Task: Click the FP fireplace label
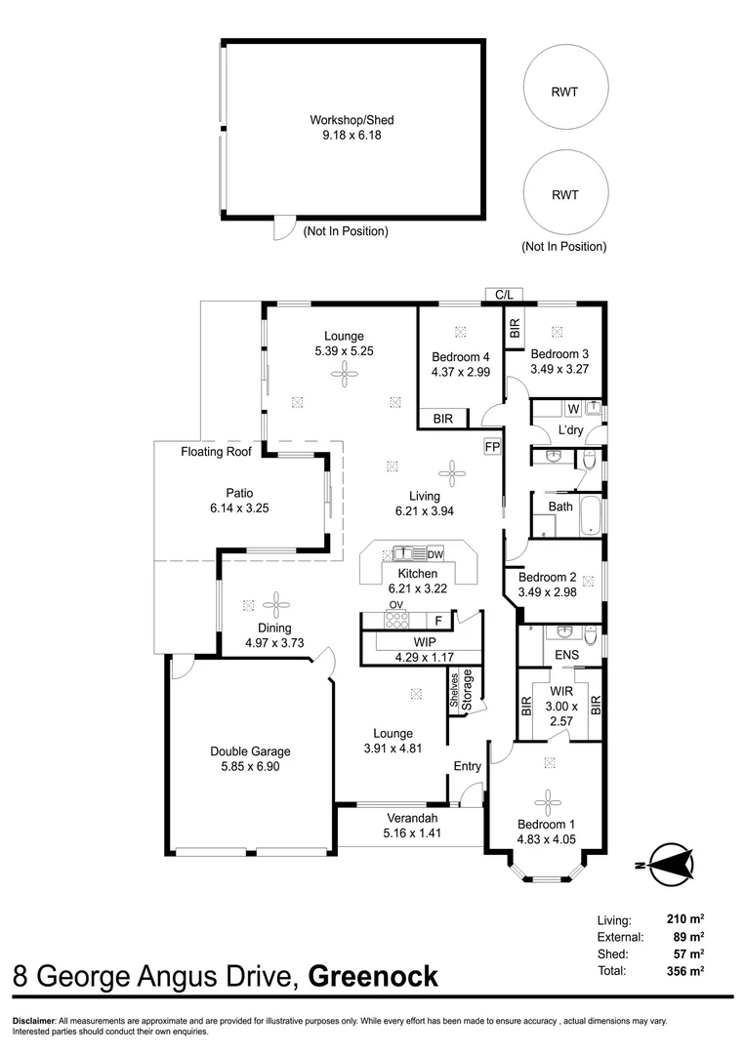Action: point(491,446)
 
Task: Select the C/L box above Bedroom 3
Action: point(504,294)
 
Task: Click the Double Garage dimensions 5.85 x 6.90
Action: point(250,767)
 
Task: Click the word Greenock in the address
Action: point(373,976)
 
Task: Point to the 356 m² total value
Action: point(684,971)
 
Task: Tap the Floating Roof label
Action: point(216,452)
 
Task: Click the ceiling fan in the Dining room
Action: point(277,603)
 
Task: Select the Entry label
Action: point(467,766)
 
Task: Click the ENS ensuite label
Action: point(566,655)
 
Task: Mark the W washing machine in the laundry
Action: point(572,409)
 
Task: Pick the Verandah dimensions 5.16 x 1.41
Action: point(409,832)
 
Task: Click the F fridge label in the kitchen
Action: point(438,620)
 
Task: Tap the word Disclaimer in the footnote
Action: point(34,1021)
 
